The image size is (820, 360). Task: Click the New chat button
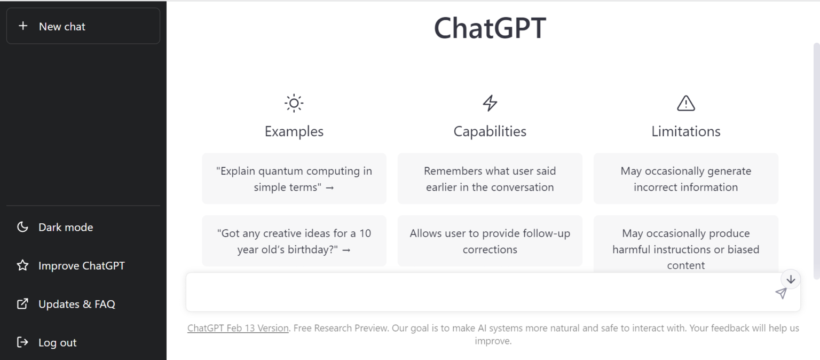(83, 26)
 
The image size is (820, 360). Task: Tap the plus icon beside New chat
(22, 26)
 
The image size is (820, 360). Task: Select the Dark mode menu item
(65, 227)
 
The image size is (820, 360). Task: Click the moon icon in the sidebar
(22, 227)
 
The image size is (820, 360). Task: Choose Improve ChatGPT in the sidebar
(81, 265)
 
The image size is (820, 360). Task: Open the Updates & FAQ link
(76, 304)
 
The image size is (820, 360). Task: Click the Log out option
(57, 342)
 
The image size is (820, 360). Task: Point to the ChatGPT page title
(490, 27)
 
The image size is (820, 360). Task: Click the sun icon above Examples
(294, 103)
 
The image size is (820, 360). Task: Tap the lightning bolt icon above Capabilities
(490, 103)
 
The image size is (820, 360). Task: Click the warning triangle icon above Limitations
(685, 103)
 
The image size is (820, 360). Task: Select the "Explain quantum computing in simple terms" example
(294, 179)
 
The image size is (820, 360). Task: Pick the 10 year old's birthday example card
(294, 241)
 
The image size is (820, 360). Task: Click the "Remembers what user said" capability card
(490, 179)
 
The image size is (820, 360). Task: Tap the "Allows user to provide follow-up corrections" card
(490, 241)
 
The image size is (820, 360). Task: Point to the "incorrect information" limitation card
(685, 179)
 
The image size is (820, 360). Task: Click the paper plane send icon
(781, 293)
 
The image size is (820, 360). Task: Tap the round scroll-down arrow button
(791, 279)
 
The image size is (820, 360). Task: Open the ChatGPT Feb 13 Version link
(238, 328)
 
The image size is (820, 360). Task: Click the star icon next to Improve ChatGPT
(22, 265)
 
